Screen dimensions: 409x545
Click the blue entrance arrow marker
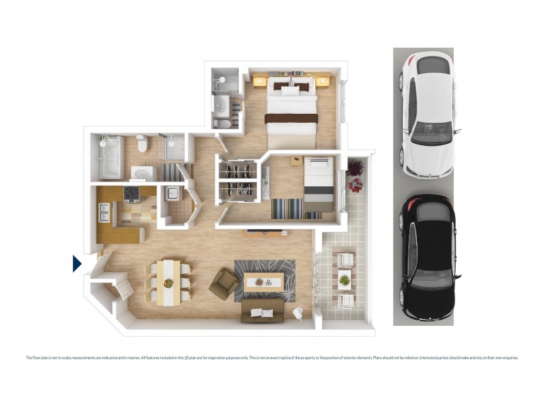pos(77,263)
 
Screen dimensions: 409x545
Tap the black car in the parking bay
pos(427,259)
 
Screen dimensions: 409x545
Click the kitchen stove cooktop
pos(131,196)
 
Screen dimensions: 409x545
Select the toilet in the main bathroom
pos(142,144)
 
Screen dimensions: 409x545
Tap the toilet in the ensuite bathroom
pos(223,122)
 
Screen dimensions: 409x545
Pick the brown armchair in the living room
pos(221,283)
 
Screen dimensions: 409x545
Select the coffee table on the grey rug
pos(263,281)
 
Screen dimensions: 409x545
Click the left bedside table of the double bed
pos(260,82)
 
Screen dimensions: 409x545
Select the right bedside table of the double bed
pos(322,82)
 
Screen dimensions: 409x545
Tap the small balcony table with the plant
pos(345,278)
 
